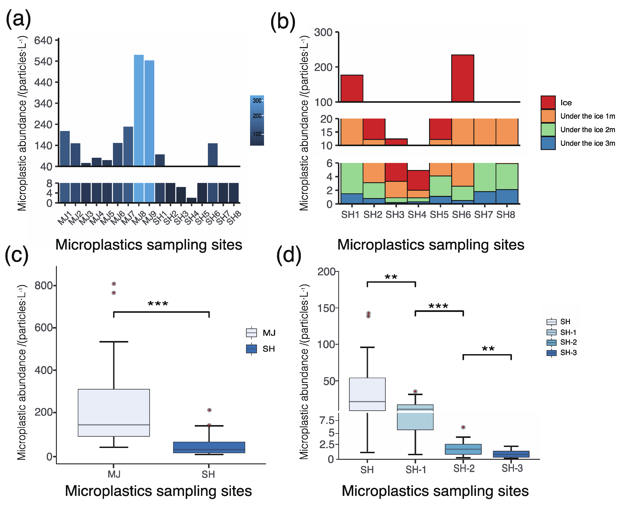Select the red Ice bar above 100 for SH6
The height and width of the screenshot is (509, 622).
[x=462, y=78]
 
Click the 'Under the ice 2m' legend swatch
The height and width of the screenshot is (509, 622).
[x=548, y=130]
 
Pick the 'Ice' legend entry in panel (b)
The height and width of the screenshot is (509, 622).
[x=566, y=103]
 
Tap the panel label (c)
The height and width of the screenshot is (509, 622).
[x=17, y=255]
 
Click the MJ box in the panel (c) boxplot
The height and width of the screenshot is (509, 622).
[x=114, y=412]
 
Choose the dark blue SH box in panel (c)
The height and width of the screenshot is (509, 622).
[x=209, y=447]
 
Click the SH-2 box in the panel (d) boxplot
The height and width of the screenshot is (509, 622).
[x=463, y=449]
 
